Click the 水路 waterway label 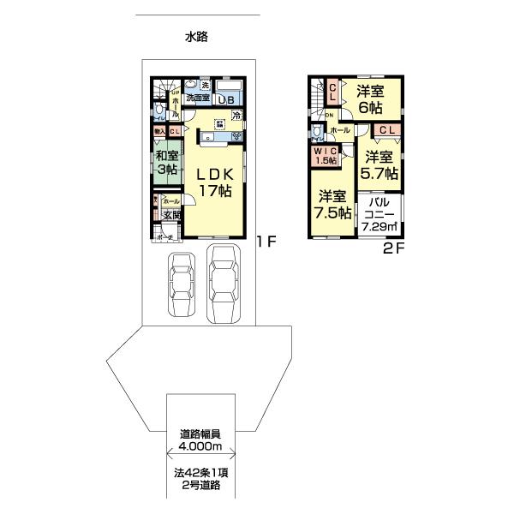pos(196,37)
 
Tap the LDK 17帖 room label pos(216,182)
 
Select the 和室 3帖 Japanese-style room pos(166,163)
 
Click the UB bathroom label pos(227,99)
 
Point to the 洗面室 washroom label pos(199,99)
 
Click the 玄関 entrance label pos(171,215)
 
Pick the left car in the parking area pos(182,284)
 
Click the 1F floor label pos(266,242)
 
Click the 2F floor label pos(393,248)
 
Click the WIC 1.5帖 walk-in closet pos(325,156)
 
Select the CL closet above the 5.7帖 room pos(386,129)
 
